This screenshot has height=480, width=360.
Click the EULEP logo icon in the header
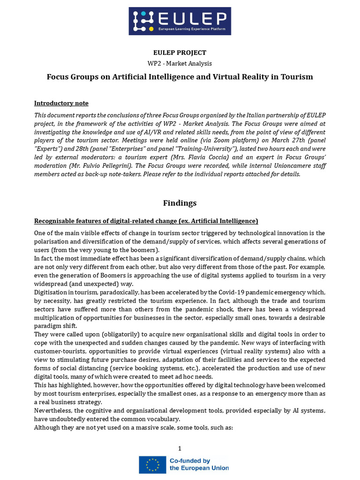coord(142,21)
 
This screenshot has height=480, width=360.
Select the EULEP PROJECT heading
coord(180,52)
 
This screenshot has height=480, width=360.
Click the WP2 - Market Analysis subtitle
coord(180,63)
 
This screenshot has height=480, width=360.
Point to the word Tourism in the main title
coord(296,76)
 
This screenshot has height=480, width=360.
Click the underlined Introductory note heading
coord(61,103)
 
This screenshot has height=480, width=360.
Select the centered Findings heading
coord(180,203)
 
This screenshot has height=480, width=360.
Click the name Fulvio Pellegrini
coord(97,165)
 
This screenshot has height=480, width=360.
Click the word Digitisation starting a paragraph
coord(51,292)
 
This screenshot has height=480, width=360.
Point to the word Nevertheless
coord(53,410)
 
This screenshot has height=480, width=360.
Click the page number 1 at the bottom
coord(180,449)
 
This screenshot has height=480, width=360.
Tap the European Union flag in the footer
coord(152,464)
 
